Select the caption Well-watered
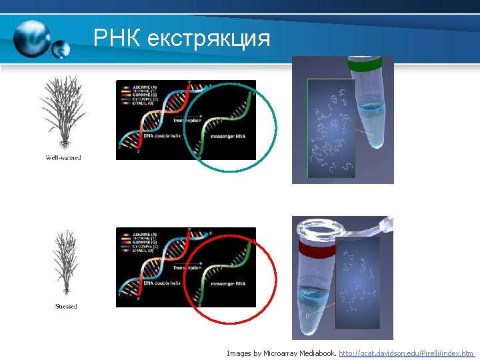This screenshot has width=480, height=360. point(63,158)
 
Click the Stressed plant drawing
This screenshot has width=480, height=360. point(65,263)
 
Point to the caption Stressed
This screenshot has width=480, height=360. point(66,307)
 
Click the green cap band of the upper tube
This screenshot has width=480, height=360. point(364,65)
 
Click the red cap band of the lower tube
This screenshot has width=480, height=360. point(316,249)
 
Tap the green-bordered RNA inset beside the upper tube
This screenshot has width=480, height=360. point(331,129)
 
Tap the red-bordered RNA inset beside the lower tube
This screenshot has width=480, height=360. point(357,283)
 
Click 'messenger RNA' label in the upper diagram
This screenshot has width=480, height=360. point(227,136)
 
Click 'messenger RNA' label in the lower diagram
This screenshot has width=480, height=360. point(227,284)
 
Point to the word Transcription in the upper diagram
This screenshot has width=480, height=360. point(187,121)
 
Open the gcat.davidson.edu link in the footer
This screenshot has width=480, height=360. point(406,353)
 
